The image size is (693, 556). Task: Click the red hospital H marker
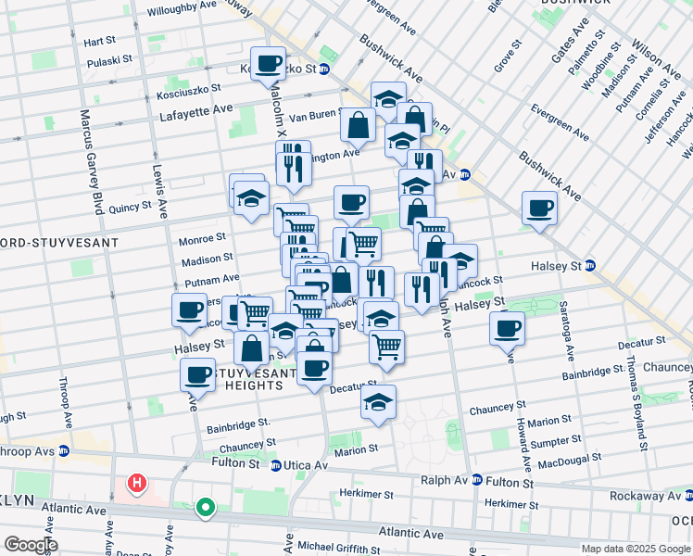click(x=137, y=483)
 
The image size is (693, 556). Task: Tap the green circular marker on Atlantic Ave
click(x=205, y=507)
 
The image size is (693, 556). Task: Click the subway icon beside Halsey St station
click(x=590, y=266)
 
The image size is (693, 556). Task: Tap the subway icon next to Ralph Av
click(x=476, y=480)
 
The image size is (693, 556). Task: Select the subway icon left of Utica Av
click(x=276, y=465)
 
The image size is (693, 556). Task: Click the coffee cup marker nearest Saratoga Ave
click(x=507, y=328)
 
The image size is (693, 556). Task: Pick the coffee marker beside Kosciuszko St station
click(x=269, y=63)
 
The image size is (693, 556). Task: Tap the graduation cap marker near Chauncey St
click(x=378, y=402)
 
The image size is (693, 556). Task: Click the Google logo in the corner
click(x=30, y=545)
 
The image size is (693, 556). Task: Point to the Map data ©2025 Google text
click(x=636, y=549)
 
